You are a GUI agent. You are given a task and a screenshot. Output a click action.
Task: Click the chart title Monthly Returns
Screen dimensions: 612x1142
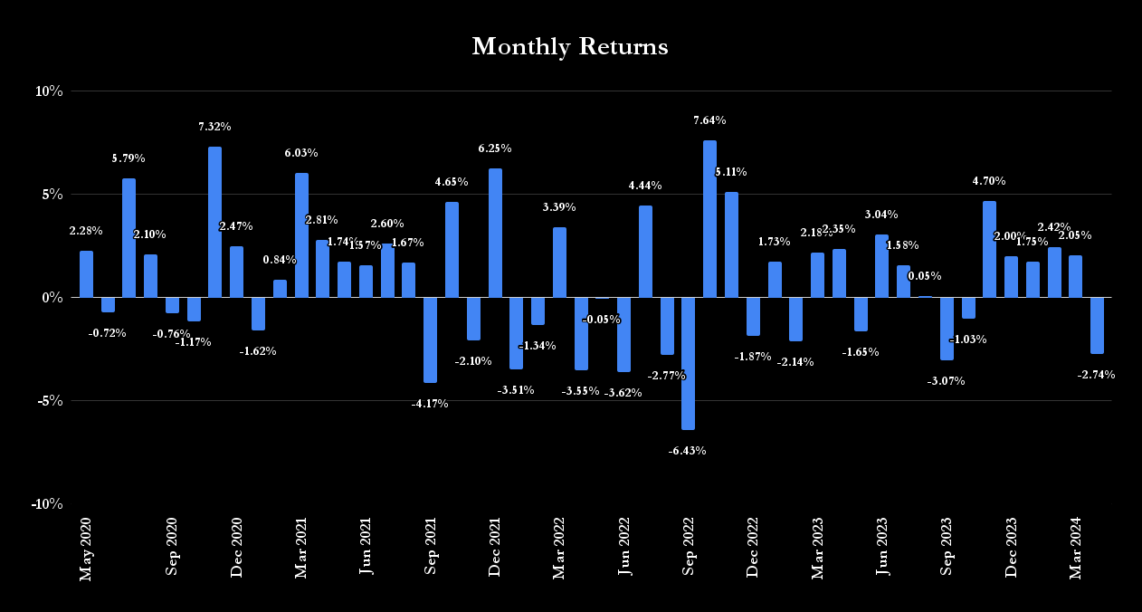pos(570,47)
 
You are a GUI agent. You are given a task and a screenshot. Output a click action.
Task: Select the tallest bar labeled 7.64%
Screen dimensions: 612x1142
pos(709,218)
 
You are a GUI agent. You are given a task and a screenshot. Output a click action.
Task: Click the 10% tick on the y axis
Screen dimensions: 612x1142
pos(50,91)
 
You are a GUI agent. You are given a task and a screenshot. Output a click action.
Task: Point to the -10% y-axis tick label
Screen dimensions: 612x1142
pos(47,503)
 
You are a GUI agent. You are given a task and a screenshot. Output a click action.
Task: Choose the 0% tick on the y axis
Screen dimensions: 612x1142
pos(53,298)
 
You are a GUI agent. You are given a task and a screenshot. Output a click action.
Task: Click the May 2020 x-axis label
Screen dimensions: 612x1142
pos(87,549)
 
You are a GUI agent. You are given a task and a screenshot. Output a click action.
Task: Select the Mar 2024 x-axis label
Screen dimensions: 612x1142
pos(1076,549)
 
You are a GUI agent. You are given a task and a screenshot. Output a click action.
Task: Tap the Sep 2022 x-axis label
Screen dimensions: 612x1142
pos(689,547)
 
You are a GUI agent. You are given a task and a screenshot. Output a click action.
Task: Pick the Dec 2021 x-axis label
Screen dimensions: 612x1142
pos(495,548)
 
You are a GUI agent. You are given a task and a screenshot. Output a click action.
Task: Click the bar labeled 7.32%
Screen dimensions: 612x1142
pos(214,222)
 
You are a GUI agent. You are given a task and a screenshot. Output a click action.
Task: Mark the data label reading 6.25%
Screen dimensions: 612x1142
pos(495,148)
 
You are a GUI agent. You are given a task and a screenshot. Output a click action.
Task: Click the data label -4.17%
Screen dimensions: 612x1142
pos(430,404)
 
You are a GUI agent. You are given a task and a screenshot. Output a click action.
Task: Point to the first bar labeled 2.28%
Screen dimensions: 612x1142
pos(86,273)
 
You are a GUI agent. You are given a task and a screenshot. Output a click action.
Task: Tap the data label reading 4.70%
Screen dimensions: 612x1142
pos(989,181)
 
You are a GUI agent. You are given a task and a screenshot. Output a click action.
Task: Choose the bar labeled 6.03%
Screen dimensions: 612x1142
pos(301,234)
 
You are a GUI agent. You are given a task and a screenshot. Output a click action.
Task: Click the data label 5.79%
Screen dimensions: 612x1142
pos(128,158)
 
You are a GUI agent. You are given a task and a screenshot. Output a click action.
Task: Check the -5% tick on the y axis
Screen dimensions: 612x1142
pos(52,401)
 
